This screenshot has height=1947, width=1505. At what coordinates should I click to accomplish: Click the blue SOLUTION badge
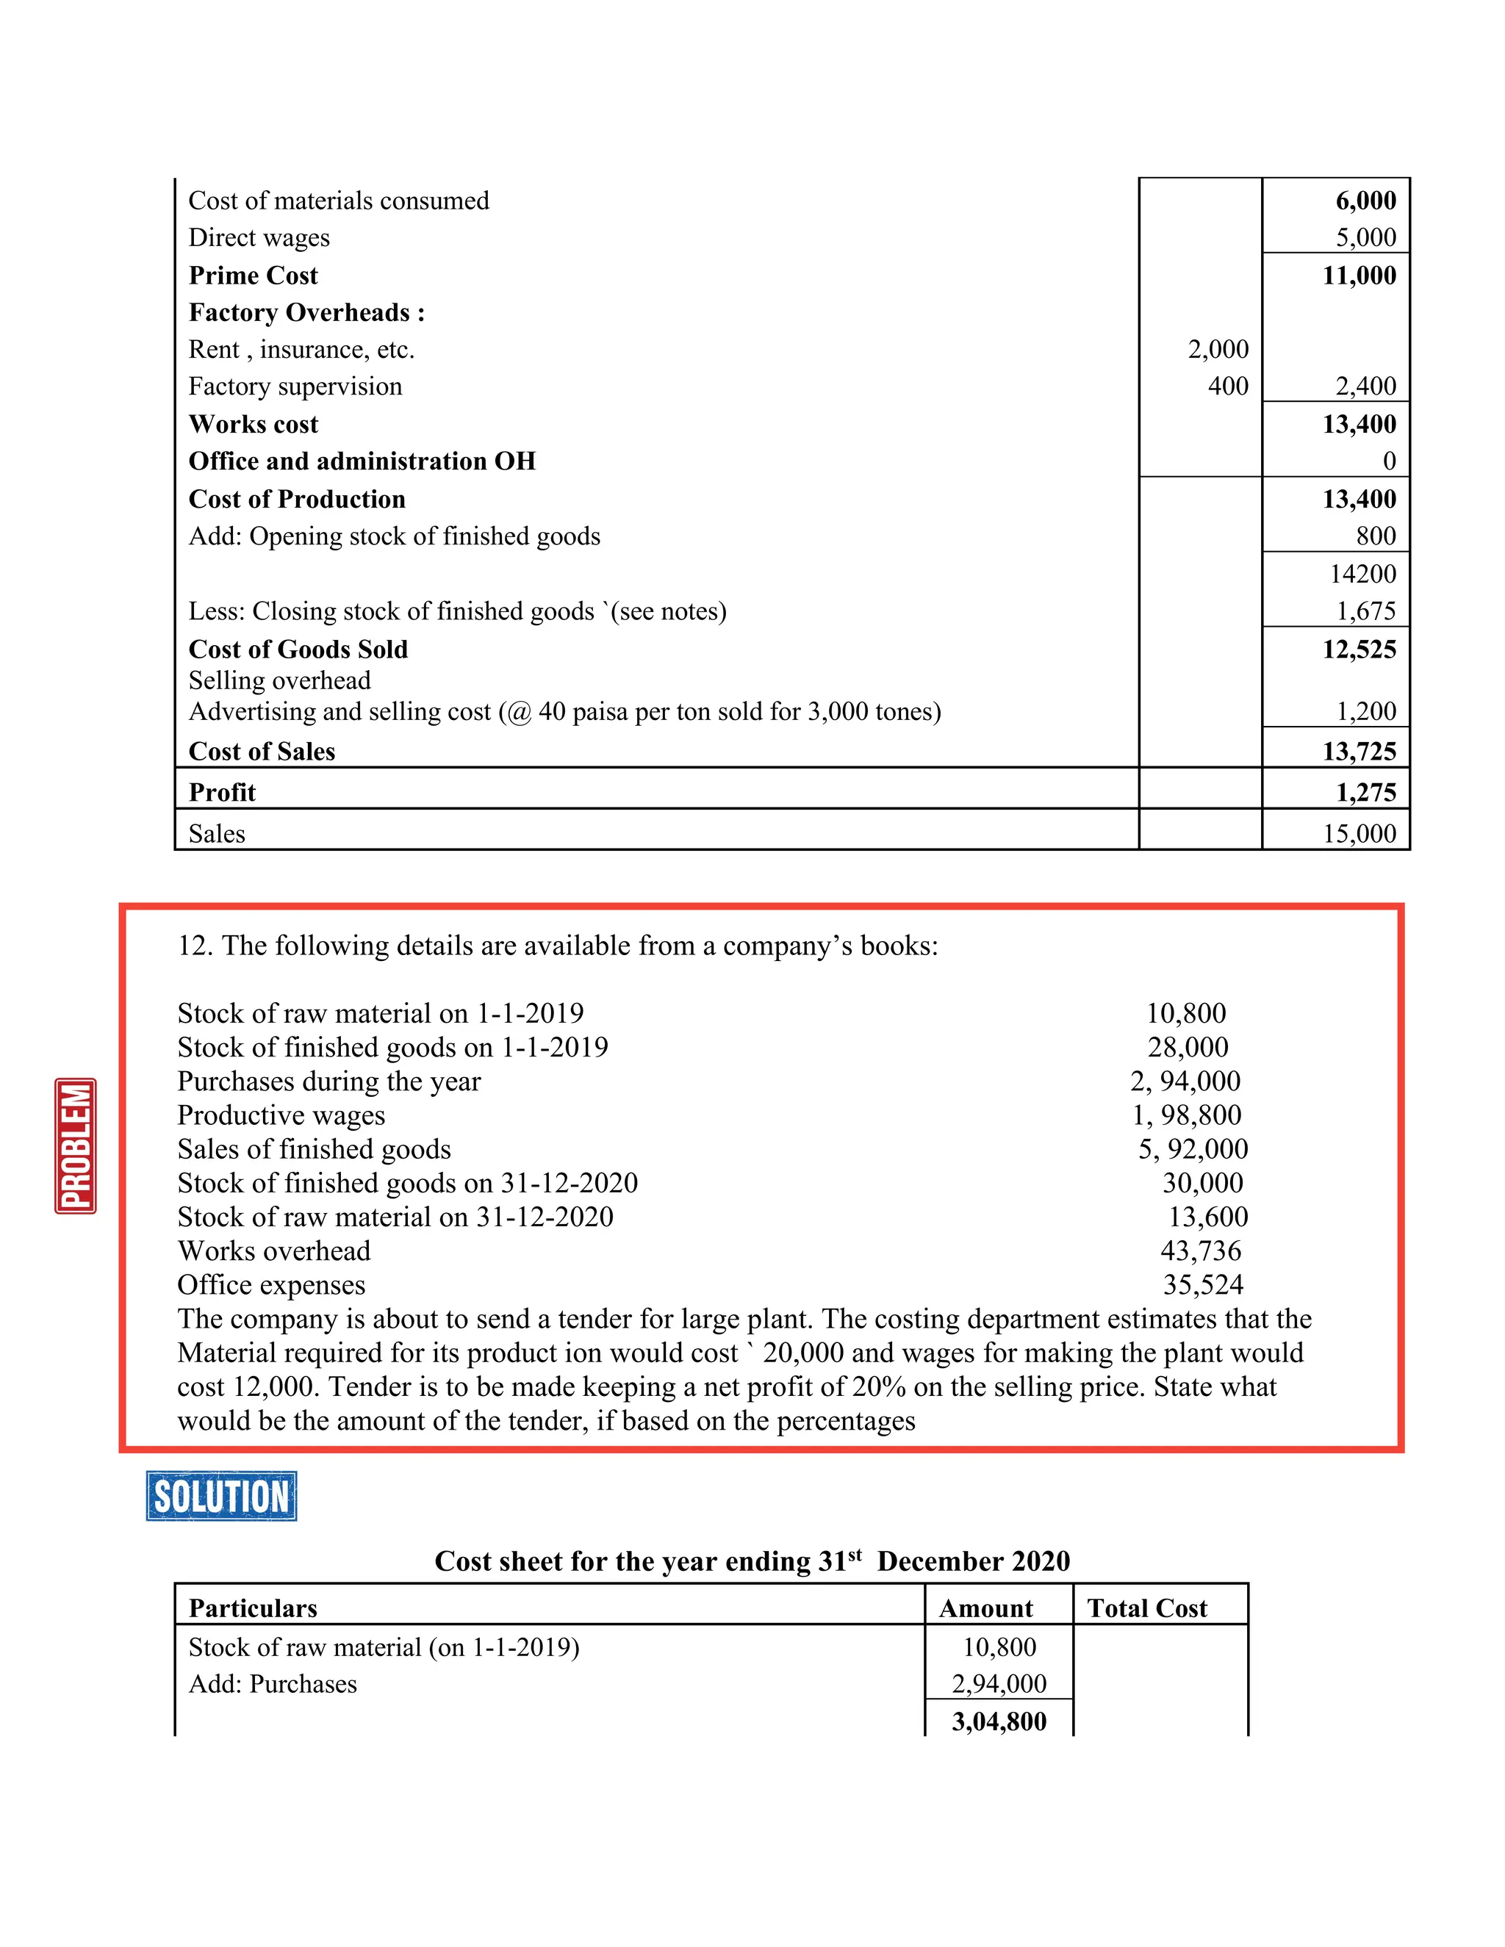click(x=221, y=1495)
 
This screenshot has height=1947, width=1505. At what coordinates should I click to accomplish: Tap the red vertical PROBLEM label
click(x=76, y=1145)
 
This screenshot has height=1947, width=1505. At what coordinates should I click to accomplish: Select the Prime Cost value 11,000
click(x=1359, y=276)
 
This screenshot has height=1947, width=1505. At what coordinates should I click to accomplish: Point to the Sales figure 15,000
click(x=1359, y=834)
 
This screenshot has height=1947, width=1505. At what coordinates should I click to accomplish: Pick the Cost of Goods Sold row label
click(x=298, y=649)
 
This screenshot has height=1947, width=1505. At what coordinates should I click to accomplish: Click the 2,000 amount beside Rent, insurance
click(x=1218, y=350)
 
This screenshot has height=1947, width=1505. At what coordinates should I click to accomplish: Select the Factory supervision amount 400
click(x=1228, y=386)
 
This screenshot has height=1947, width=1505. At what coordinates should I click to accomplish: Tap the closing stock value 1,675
click(x=1365, y=611)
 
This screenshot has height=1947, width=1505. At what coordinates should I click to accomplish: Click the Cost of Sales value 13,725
click(x=1359, y=752)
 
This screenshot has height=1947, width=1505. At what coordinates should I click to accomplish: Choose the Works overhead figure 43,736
click(x=1200, y=1250)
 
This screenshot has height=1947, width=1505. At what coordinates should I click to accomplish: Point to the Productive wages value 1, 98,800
click(x=1187, y=1115)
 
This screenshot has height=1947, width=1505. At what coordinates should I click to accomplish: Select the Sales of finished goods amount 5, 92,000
click(x=1192, y=1149)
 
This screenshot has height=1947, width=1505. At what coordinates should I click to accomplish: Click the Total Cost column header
click(x=1146, y=1608)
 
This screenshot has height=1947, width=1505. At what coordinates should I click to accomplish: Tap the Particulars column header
click(x=254, y=1608)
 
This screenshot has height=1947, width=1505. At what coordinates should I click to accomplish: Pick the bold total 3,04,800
click(x=999, y=1721)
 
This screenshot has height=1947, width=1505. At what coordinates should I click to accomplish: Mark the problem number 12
click(x=193, y=946)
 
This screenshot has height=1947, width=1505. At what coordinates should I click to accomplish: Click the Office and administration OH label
click(x=362, y=461)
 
